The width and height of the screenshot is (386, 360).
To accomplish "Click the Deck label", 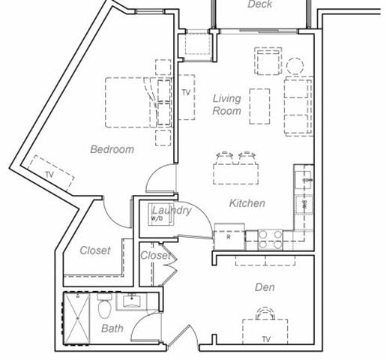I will pyautogui.click(x=260, y=5).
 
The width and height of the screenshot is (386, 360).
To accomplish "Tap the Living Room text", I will pyautogui.click(x=226, y=105).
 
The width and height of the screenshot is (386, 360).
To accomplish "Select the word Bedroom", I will pyautogui.click(x=112, y=149).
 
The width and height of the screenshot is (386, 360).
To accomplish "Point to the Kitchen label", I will pyautogui.click(x=247, y=203).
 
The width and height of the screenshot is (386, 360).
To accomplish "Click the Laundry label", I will pyautogui.click(x=172, y=211).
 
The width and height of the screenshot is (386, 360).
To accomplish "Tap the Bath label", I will pyautogui.click(x=112, y=328).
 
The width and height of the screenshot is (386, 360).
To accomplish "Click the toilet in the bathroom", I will pyautogui.click(x=105, y=306).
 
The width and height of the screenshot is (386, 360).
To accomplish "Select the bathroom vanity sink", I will pyautogui.click(x=132, y=302).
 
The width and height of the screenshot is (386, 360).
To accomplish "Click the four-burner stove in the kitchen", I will pyautogui.click(x=270, y=238).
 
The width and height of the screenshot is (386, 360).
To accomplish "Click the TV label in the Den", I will pyautogui.click(x=265, y=339).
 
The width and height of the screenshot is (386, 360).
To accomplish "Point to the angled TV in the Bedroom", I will pyautogui.click(x=52, y=172).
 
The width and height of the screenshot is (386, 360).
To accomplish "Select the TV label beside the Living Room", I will pyautogui.click(x=185, y=93).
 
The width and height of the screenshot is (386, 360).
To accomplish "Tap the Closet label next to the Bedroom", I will pyautogui.click(x=95, y=250).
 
